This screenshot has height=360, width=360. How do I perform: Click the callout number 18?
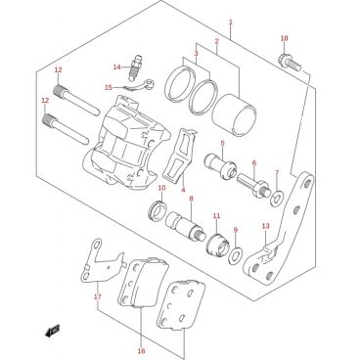tap(285, 38)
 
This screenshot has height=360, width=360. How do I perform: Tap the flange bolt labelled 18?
tap(290, 63)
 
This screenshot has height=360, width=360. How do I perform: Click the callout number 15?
tap(109, 87)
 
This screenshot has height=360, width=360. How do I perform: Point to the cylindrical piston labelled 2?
tap(234, 115)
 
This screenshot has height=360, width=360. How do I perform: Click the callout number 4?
tap(183, 190)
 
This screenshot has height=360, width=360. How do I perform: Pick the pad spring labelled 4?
tap(179, 155)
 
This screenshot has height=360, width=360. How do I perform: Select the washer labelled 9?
tap(235, 255)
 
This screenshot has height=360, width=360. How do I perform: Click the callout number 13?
tap(266, 226)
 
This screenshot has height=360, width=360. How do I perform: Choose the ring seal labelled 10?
tap(157, 210)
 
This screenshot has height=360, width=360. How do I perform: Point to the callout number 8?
tap(191, 199)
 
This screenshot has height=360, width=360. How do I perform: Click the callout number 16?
tap(141, 351)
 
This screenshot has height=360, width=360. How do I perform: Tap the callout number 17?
tap(98, 296)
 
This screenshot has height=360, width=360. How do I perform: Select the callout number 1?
tap(231, 22)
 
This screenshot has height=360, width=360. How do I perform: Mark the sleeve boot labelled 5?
tap(220, 166)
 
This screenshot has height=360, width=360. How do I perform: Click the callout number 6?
tap(254, 162)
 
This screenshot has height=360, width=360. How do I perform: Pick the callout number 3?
tap(196, 53)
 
